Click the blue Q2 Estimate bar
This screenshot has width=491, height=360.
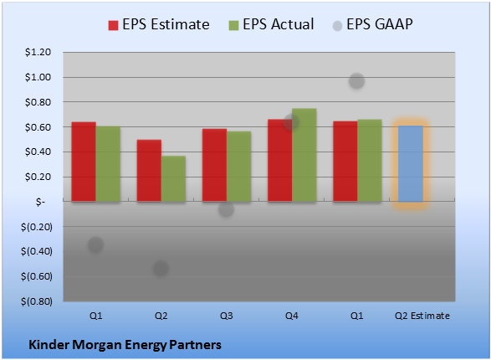(411, 163)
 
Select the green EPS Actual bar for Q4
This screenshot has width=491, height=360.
(304, 155)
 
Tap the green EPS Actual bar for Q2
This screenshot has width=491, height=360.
(173, 178)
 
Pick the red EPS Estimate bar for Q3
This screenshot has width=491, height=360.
(214, 165)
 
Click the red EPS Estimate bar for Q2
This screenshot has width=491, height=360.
(149, 171)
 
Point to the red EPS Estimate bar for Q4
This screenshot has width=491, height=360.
(280, 161)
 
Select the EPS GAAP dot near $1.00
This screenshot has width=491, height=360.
(356, 81)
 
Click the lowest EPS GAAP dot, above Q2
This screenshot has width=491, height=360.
(161, 268)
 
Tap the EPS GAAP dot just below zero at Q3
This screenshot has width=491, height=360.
(226, 209)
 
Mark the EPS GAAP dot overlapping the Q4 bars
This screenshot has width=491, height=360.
(291, 122)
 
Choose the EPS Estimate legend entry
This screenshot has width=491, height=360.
(159, 24)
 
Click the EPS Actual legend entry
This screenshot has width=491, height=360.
(271, 24)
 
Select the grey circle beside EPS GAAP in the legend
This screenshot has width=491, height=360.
(338, 26)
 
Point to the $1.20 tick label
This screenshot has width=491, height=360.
(38, 52)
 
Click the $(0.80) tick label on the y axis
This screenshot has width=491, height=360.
(37, 301)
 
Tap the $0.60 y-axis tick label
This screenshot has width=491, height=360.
(38, 127)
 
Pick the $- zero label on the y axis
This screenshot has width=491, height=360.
(40, 202)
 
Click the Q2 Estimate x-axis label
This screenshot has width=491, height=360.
(422, 316)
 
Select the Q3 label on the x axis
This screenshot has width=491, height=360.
(226, 316)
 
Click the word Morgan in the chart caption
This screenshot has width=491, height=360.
(97, 345)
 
